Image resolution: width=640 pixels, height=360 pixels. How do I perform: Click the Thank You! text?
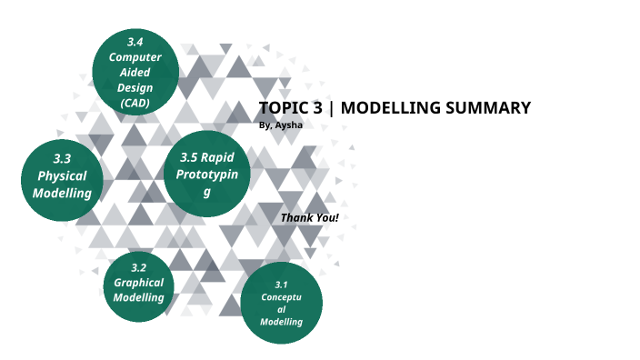[309, 218]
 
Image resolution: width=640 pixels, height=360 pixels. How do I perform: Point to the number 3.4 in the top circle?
[135, 42]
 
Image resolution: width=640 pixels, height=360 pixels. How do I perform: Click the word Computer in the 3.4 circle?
[135, 57]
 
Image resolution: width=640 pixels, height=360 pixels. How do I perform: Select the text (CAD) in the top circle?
[135, 103]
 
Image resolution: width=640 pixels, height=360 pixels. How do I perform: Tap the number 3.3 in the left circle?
[62, 158]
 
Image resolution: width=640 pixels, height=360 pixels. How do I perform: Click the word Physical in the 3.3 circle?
[62, 175]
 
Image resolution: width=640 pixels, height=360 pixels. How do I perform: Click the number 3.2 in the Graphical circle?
[138, 267]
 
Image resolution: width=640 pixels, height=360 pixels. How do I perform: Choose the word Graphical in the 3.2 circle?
[138, 282]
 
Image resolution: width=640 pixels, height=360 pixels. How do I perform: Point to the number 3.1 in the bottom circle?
[281, 285]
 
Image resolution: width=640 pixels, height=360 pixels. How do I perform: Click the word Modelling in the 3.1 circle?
[281, 322]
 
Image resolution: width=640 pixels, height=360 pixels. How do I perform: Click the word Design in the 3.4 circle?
[135, 87]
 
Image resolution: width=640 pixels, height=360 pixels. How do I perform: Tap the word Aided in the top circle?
[135, 73]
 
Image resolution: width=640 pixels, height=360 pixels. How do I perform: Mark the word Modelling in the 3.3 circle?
[62, 193]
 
